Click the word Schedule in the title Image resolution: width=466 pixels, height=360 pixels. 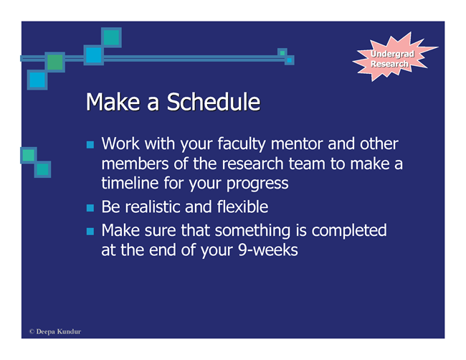(214, 102)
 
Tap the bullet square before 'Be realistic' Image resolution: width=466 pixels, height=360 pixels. (90, 207)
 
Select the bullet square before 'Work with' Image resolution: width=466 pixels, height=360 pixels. (90, 144)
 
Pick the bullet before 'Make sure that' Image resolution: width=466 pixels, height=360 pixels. (90, 232)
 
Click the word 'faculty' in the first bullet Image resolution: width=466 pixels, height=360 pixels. (242, 144)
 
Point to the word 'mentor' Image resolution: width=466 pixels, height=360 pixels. (298, 144)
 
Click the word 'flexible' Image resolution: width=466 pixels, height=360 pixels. (242, 207)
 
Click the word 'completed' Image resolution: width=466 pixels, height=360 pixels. (349, 232)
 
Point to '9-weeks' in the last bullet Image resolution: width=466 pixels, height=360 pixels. (268, 250)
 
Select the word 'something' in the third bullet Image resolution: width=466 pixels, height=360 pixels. (252, 232)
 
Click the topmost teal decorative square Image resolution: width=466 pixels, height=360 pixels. (111, 37)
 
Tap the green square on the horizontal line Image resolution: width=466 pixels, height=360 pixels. (55, 62)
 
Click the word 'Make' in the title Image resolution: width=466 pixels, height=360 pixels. (113, 102)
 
